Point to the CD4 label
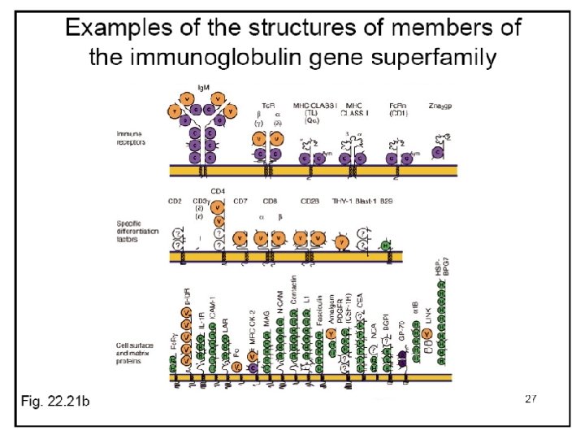click(x=217, y=192)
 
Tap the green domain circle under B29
click(x=387, y=244)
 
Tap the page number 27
click(x=531, y=398)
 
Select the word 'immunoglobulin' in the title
click(x=244, y=58)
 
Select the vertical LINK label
click(x=427, y=336)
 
